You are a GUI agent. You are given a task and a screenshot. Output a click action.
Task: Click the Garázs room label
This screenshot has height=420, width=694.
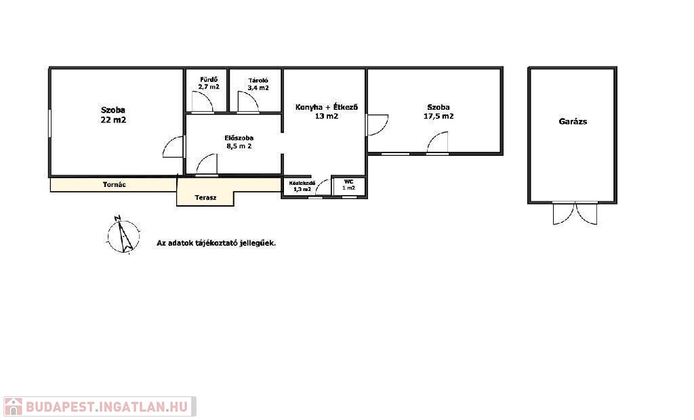pos(573,121)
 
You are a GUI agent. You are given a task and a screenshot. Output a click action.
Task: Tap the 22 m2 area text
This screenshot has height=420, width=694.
pos(113,120)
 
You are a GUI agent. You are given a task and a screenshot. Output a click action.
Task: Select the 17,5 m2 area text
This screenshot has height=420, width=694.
pos(438,117)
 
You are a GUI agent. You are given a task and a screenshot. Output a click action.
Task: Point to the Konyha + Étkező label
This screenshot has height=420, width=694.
pos(327,107)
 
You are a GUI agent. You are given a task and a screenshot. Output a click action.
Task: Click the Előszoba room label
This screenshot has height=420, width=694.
pos(239,138)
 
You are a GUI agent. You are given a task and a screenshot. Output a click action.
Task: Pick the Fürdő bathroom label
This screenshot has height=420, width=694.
pos(209,80)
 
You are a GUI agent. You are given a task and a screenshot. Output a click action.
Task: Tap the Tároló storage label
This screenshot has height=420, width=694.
pos(258,81)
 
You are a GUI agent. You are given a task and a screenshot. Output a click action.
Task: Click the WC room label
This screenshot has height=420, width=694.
pos(349,182)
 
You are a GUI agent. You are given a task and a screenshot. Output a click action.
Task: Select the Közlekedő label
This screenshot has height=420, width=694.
pos(302,183)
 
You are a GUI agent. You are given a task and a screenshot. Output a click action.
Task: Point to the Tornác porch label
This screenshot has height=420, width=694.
pos(114,184)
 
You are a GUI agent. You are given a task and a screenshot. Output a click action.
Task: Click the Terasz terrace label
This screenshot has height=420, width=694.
pos(206,198)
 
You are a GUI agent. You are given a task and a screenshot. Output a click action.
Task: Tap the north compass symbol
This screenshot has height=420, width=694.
pos(124,236)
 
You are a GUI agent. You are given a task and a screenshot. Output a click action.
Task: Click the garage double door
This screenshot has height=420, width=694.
pos(575,213)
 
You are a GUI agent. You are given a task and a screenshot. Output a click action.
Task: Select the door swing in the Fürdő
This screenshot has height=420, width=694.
pos(203,102)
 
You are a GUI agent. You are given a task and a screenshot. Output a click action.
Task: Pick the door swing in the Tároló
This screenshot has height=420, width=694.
pos(248,102)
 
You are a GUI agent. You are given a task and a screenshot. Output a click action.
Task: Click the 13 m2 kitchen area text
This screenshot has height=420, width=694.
pos(327,117)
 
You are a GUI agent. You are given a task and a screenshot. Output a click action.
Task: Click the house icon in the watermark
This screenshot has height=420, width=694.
pos(14,406)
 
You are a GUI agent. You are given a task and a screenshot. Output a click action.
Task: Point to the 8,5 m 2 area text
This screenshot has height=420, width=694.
pos(239,146)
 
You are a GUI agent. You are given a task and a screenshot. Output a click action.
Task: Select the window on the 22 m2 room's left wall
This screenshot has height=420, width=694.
pos(50,123)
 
